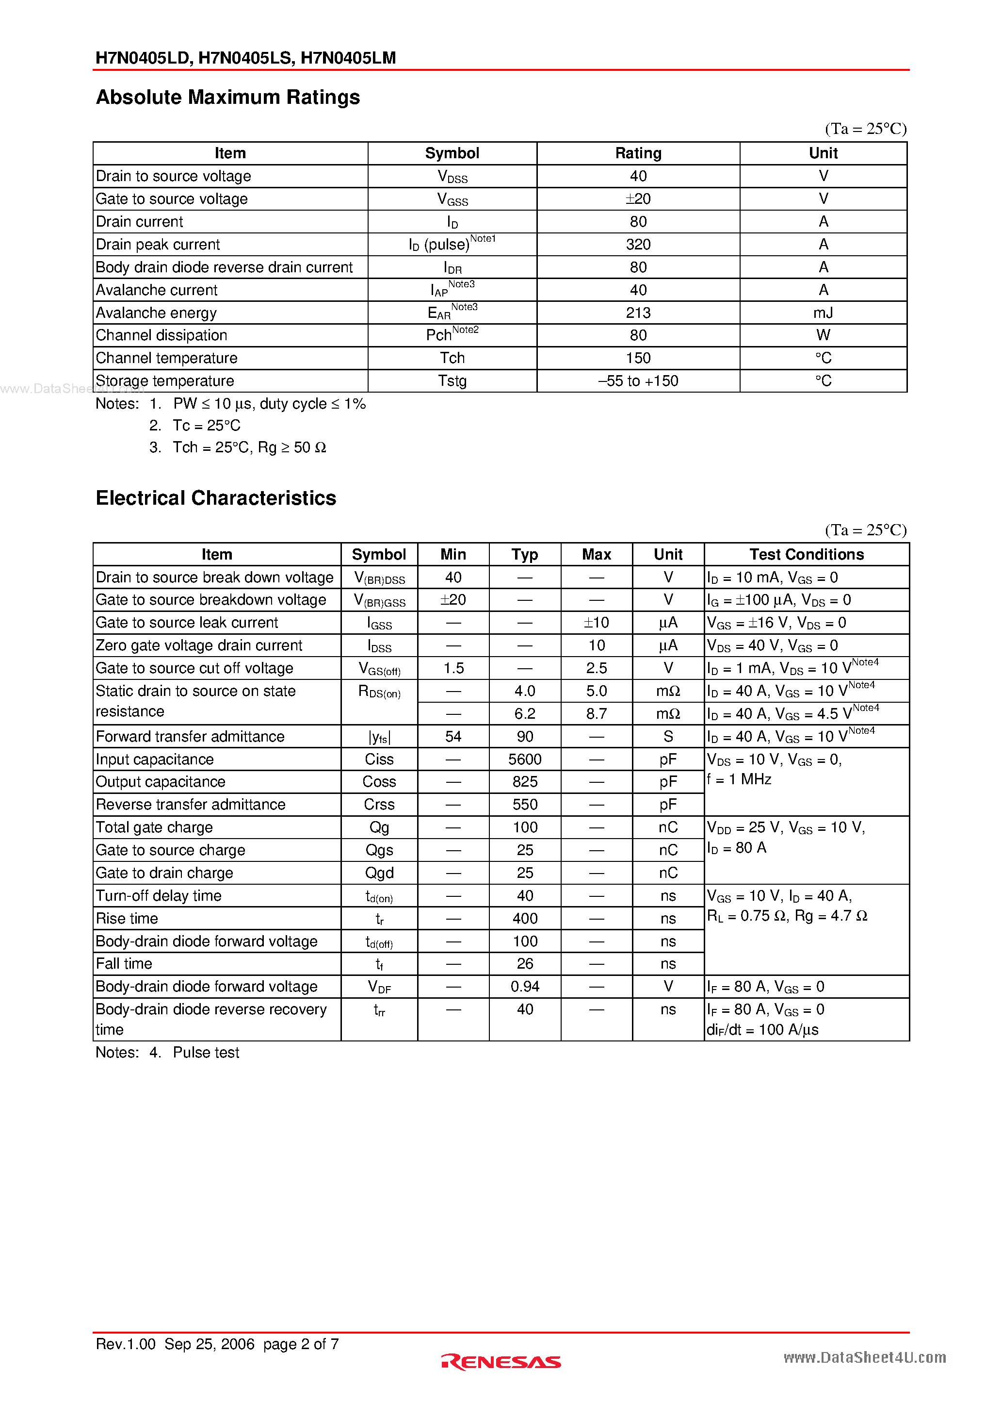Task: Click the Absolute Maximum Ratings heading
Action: pyautogui.click(x=227, y=98)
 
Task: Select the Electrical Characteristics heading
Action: pyautogui.click(x=216, y=498)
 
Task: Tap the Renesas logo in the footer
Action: pyautogui.click(x=501, y=1362)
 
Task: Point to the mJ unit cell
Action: pyautogui.click(x=823, y=313)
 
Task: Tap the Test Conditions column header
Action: pyautogui.click(x=806, y=554)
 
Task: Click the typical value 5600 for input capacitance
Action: pyautogui.click(x=524, y=759)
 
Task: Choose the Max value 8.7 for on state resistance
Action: pyautogui.click(x=596, y=714)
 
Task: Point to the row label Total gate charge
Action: pyautogui.click(x=154, y=827)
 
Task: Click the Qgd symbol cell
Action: pyautogui.click(x=379, y=873)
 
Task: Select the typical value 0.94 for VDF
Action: pyautogui.click(x=524, y=987)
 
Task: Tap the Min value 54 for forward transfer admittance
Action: pyautogui.click(x=453, y=737)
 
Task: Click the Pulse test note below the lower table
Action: pyautogui.click(x=206, y=1053)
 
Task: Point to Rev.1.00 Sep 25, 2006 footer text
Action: pyautogui.click(x=175, y=1344)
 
